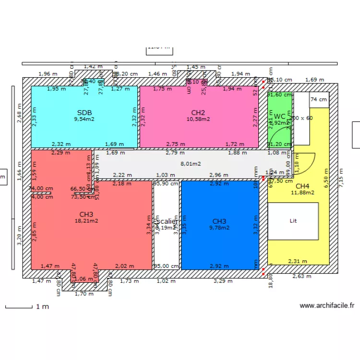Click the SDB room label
coord(84,112)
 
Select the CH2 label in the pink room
coord(198,112)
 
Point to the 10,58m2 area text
coord(198,119)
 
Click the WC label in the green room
coord(280,116)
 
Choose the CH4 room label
coord(302,186)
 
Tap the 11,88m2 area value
coord(302,193)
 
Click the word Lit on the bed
coord(293,221)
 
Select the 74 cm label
coord(319,99)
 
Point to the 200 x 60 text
coord(301,118)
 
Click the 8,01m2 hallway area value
coord(191,164)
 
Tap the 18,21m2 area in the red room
coord(86,221)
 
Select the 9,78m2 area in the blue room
coord(219,228)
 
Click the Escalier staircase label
coord(167,221)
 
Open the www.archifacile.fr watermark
coord(327,305)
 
